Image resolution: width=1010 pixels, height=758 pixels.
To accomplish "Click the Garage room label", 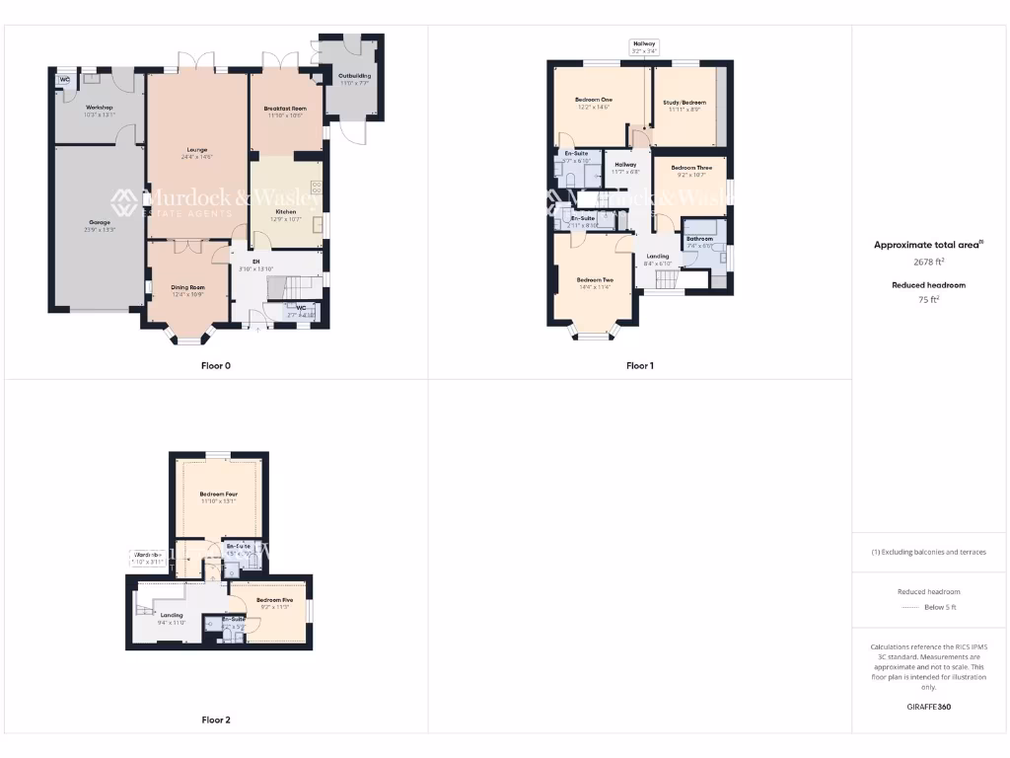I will [100, 223].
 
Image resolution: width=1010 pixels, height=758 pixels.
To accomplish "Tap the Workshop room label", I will [100, 107].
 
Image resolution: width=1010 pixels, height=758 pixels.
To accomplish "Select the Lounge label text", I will [197, 150].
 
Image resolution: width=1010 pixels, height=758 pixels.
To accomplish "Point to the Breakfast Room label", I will [285, 108].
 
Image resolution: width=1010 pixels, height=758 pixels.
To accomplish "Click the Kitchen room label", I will [286, 212].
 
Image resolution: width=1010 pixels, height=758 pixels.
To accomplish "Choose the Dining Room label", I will [188, 287].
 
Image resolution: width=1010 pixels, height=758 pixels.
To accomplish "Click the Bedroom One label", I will [594, 100].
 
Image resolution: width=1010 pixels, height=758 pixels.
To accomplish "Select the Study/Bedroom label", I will [684, 103].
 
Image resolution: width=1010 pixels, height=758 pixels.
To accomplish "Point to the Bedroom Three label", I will [691, 168].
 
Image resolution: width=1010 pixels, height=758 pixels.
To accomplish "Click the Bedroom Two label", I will [594, 280].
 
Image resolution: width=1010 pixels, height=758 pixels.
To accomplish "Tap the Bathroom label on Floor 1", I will [699, 239].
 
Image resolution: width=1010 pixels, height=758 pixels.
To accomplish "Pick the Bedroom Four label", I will [218, 493].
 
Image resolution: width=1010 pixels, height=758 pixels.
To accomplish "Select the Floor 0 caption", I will [215, 366].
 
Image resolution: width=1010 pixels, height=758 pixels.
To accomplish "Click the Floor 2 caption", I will [215, 720].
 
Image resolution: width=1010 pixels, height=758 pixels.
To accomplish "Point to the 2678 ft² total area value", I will [927, 263].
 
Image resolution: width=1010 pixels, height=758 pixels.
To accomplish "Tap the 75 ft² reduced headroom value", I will [927, 299].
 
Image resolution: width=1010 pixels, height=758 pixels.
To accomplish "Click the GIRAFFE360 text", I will [927, 707].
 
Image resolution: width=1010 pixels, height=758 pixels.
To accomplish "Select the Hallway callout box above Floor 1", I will [644, 46].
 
